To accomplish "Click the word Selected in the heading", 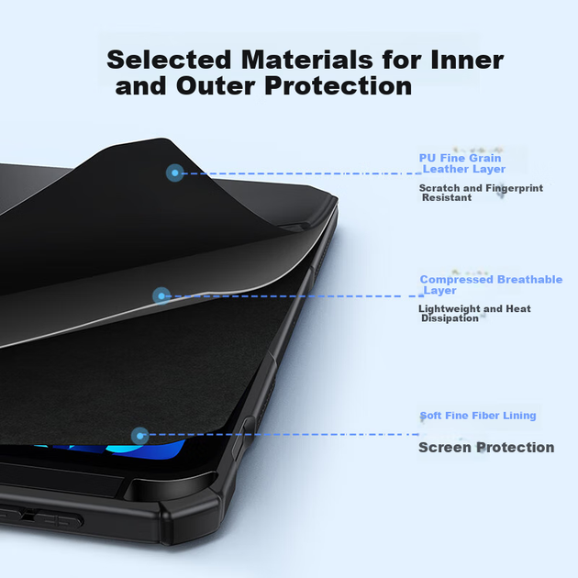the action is (x=169, y=60).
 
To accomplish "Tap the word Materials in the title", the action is (x=307, y=60).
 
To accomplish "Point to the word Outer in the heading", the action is (x=216, y=86).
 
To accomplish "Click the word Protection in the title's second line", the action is (x=338, y=86).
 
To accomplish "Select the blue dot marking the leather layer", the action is (x=174, y=172).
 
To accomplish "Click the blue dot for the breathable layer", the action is (x=161, y=295).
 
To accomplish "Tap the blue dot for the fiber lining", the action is (x=139, y=436).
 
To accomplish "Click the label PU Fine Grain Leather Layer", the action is (x=462, y=163).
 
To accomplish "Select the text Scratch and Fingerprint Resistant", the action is (x=481, y=193).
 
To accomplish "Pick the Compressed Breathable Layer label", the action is (x=491, y=284).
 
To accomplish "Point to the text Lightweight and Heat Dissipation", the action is (x=475, y=314).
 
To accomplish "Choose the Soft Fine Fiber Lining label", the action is (x=478, y=416).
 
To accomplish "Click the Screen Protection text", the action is (x=486, y=447).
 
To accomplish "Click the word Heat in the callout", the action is (x=518, y=308).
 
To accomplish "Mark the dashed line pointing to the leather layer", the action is (x=302, y=173).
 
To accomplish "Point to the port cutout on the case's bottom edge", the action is (x=40, y=516).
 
